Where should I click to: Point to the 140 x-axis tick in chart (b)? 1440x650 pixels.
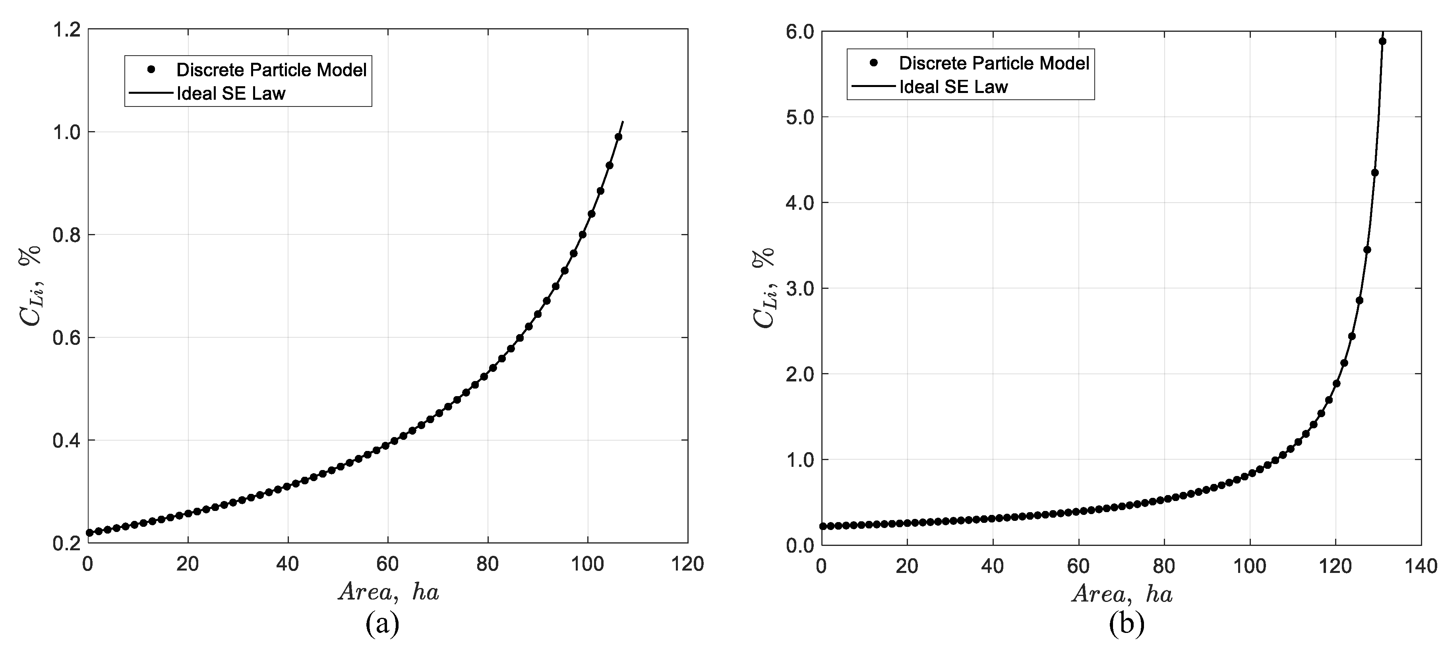coord(1422,567)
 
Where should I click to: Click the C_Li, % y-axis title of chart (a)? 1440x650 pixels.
coord(31,286)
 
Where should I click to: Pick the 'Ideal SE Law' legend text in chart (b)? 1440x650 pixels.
coord(953,87)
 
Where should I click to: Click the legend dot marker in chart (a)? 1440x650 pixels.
coord(150,69)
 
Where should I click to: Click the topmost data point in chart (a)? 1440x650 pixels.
coord(618,137)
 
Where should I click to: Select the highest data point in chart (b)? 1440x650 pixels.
coord(1382,41)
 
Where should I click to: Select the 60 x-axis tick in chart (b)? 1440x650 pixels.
coord(1078,567)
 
